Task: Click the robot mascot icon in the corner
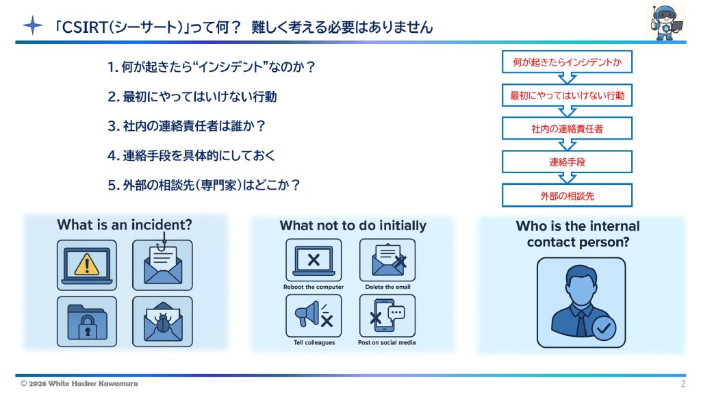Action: click(665, 21)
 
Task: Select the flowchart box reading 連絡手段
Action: click(567, 162)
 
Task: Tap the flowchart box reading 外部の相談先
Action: click(567, 196)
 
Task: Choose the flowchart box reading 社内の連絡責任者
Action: click(567, 129)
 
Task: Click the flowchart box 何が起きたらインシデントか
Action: click(567, 62)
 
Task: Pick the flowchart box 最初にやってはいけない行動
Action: click(567, 95)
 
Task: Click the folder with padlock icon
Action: click(87, 321)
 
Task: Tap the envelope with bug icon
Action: click(162, 321)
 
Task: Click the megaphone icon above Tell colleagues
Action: click(314, 316)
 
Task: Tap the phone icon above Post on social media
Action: click(387, 316)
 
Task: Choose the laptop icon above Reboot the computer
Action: click(314, 260)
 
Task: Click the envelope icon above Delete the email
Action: click(387, 260)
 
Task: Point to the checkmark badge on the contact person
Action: click(603, 328)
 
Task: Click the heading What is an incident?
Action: click(125, 225)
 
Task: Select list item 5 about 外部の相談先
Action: click(204, 185)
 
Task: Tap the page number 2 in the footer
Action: click(683, 383)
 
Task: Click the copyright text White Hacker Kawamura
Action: click(79, 383)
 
